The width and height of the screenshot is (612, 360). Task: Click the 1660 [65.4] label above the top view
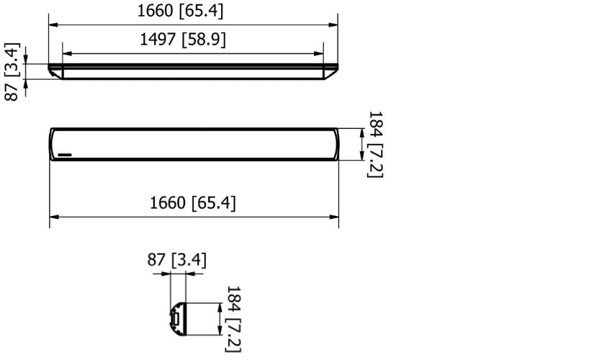180,11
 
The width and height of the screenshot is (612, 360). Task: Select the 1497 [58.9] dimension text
183,40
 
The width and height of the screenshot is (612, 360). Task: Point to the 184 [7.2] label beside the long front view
375,144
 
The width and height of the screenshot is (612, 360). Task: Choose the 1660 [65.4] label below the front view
192,203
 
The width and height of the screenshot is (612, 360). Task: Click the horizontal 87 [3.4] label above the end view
177,260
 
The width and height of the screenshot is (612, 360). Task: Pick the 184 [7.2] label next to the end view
233,319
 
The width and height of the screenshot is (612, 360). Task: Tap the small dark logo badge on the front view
66,153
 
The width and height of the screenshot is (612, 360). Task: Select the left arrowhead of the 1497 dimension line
66,53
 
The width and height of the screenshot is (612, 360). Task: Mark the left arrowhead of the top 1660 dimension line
53,24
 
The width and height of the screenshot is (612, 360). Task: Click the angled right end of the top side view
330,71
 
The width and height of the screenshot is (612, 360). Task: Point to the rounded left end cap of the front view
53,144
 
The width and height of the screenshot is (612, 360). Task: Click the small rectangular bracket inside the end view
174,318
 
